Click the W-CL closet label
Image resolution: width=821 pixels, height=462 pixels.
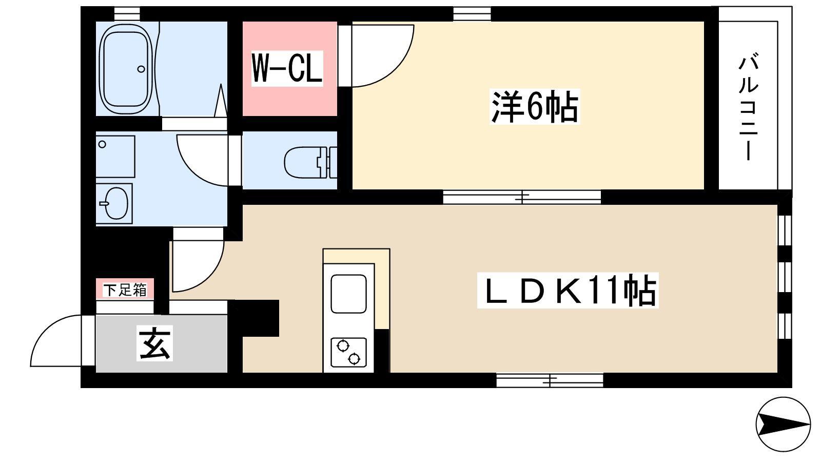[x=287, y=69]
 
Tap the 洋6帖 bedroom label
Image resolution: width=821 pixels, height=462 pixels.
[x=534, y=107]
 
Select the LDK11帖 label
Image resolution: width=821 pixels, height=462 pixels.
[x=568, y=291]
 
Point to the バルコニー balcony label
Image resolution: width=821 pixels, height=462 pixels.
[x=748, y=108]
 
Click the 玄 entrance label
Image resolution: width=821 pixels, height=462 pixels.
[x=154, y=343]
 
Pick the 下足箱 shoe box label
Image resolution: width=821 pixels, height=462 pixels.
[x=125, y=290]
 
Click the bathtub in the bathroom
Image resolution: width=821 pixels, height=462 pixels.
[x=126, y=69]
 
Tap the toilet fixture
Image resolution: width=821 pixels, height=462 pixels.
[x=310, y=162]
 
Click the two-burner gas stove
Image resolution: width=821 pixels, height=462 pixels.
[x=348, y=352]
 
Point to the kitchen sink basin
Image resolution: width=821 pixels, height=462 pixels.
[x=348, y=294]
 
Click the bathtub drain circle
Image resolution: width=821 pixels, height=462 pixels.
[x=141, y=69]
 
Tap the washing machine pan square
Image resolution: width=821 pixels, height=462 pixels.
[x=115, y=157]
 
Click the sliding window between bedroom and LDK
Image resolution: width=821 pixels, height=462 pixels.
[x=522, y=197]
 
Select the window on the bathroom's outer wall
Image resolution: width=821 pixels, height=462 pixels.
[x=127, y=13]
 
